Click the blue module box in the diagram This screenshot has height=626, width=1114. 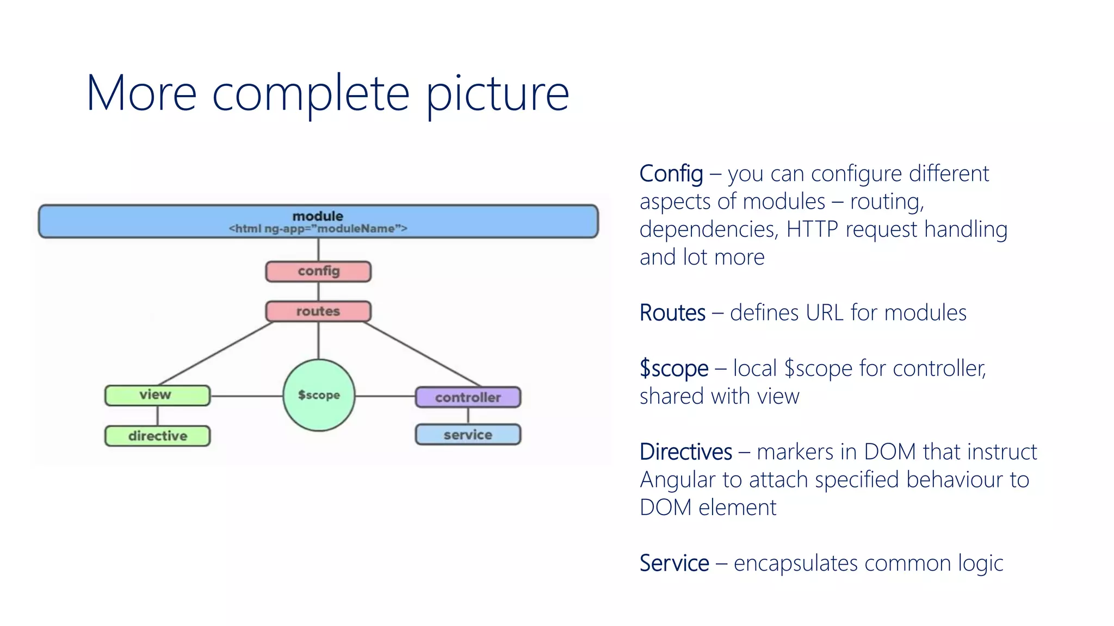click(318, 222)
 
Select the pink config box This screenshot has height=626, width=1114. click(318, 271)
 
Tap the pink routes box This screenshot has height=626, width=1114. click(318, 311)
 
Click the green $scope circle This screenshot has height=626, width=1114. click(319, 395)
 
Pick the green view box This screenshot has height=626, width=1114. click(157, 395)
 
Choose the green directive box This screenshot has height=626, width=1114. click(157, 436)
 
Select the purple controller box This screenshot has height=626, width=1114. click(468, 397)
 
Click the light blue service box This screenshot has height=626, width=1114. click(468, 435)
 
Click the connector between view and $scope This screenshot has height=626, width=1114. click(246, 396)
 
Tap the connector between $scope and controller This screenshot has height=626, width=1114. click(385, 396)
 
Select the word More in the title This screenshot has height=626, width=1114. click(141, 93)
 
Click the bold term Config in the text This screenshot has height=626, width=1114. click(671, 174)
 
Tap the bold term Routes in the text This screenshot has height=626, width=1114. click(672, 313)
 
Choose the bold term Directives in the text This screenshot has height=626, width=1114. click(685, 452)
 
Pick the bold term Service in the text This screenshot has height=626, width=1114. click(674, 564)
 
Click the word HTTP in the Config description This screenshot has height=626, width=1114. click(812, 229)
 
